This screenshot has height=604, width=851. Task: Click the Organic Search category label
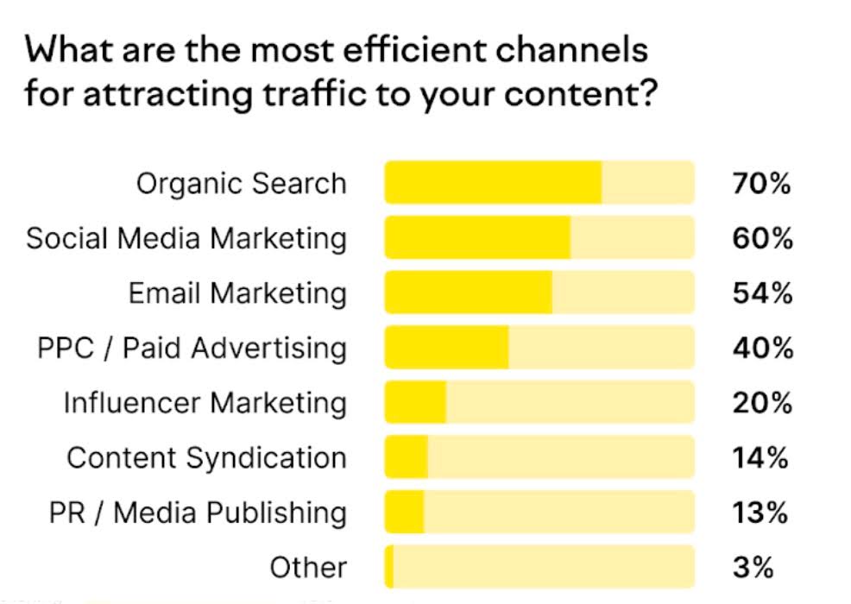241,184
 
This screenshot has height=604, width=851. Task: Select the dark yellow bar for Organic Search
493,182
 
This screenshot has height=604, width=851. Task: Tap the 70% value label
762,184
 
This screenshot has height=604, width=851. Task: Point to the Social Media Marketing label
186,238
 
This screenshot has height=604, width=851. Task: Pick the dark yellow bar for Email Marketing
468,293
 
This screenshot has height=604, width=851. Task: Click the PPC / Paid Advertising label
192,348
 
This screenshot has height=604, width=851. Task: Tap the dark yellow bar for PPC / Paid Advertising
446,348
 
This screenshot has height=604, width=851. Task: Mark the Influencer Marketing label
205,403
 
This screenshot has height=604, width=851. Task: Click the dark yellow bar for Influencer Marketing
415,403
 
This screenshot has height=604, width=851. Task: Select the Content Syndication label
206,458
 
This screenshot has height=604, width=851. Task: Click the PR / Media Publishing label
198,513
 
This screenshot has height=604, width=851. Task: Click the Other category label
308,568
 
